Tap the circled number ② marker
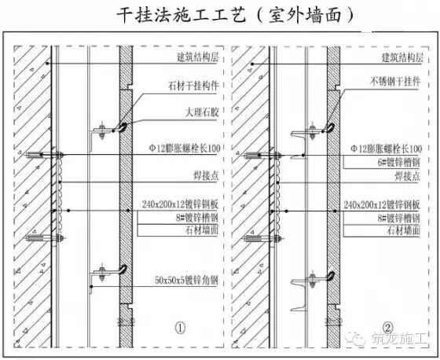click(x=387, y=326)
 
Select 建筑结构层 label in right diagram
click(x=407, y=57)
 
